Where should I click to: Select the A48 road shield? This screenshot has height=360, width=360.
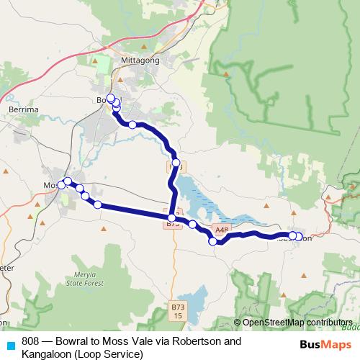pos(223,230)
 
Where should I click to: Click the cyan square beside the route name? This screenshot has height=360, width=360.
pos(10,345)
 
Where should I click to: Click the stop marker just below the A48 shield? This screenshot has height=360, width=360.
pos(213,242)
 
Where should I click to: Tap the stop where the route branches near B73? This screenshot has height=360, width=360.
pos(171,218)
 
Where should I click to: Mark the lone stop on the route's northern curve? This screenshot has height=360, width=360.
pos(132,125)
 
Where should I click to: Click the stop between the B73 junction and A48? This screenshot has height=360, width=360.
pos(193,225)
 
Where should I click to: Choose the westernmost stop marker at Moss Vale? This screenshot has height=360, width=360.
pos(61,186)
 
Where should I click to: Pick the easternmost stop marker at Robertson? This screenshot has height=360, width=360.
pos(298,236)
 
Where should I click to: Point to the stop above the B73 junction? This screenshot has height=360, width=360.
pos(176,163)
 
